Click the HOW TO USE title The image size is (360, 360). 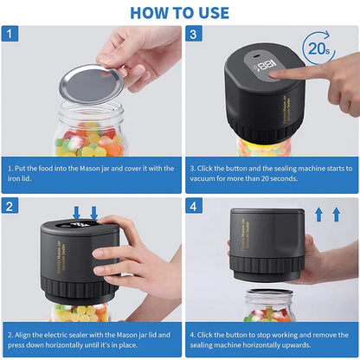(180, 12)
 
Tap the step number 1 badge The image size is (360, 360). (10, 34)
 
